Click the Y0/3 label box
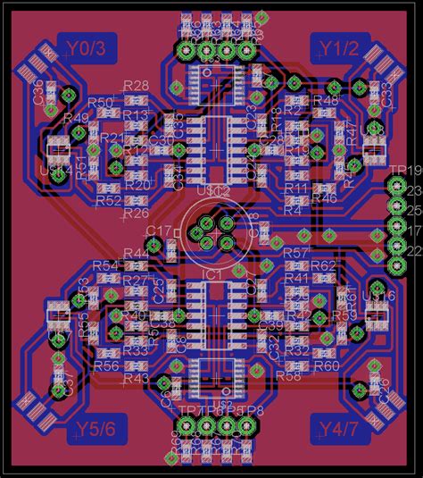pos(86,49)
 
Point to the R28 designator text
pos(137,86)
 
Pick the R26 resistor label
pos(137,214)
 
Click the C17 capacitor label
pos(158,231)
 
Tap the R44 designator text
pos(137,254)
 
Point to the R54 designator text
pos(105,266)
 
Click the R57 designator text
pos(295,254)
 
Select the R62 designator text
pos(324,266)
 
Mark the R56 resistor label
pos(106,365)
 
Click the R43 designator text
pos(137,379)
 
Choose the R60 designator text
pos(326,365)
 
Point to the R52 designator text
pos(107,202)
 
